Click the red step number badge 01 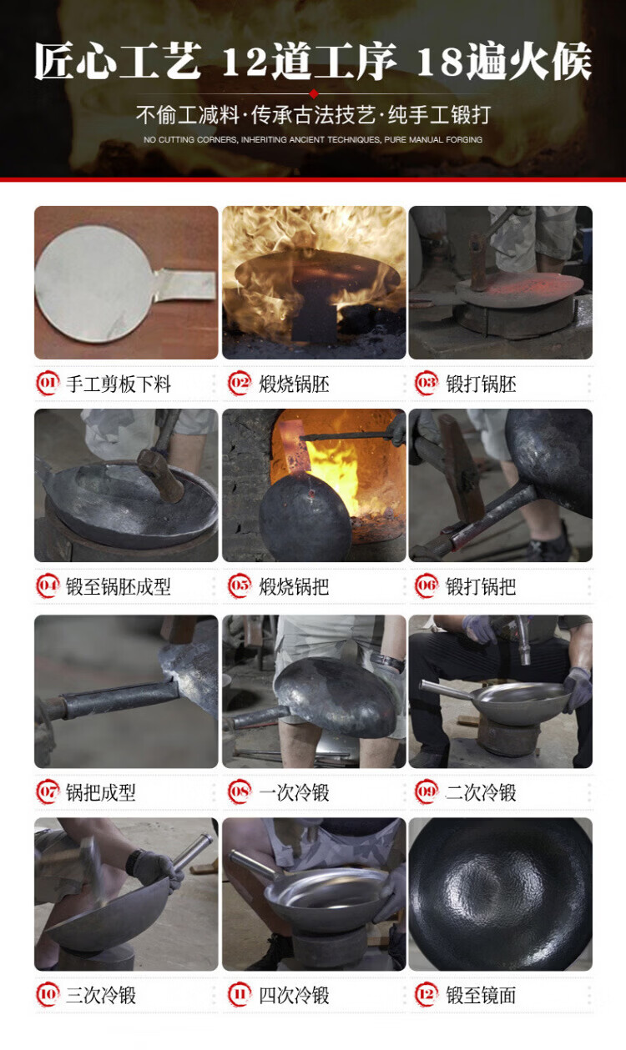48,384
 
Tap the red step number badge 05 240,586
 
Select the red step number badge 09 426,792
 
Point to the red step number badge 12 426,994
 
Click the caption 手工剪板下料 119,384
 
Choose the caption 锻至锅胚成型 119,586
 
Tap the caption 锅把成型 100,792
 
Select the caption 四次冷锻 294,995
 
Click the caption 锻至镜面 481,995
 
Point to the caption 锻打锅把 481,586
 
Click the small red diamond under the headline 314,93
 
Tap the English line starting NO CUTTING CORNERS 313,139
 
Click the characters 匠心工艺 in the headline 118,62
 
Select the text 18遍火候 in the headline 504,62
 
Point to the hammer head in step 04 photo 162,475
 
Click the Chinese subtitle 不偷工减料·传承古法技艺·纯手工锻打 313,114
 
